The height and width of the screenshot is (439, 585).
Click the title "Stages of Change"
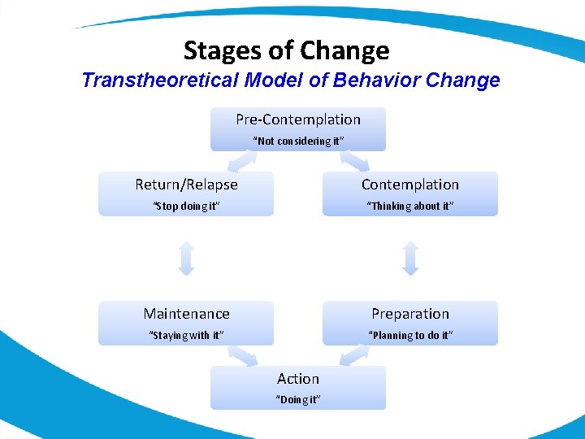286,50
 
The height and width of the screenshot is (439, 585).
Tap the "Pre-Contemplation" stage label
298,120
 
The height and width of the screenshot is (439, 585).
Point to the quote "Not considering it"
298,141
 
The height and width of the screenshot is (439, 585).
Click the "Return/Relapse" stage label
186,185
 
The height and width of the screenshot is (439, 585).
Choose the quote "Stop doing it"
186,206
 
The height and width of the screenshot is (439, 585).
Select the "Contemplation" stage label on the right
409,185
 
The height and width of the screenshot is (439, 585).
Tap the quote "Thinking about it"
409,206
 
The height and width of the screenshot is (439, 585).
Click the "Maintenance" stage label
186,314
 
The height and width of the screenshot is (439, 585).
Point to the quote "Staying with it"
186,336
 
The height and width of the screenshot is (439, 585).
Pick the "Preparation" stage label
409,314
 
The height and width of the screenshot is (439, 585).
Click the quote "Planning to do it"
409,336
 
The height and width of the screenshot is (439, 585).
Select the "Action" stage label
298,379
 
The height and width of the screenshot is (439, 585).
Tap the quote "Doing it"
298,400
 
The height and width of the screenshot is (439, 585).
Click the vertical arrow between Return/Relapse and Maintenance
186,258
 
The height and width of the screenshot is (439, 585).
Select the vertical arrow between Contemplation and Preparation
410,258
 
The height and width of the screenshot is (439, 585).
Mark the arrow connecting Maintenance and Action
242,355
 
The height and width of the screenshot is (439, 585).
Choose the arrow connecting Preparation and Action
354,355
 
